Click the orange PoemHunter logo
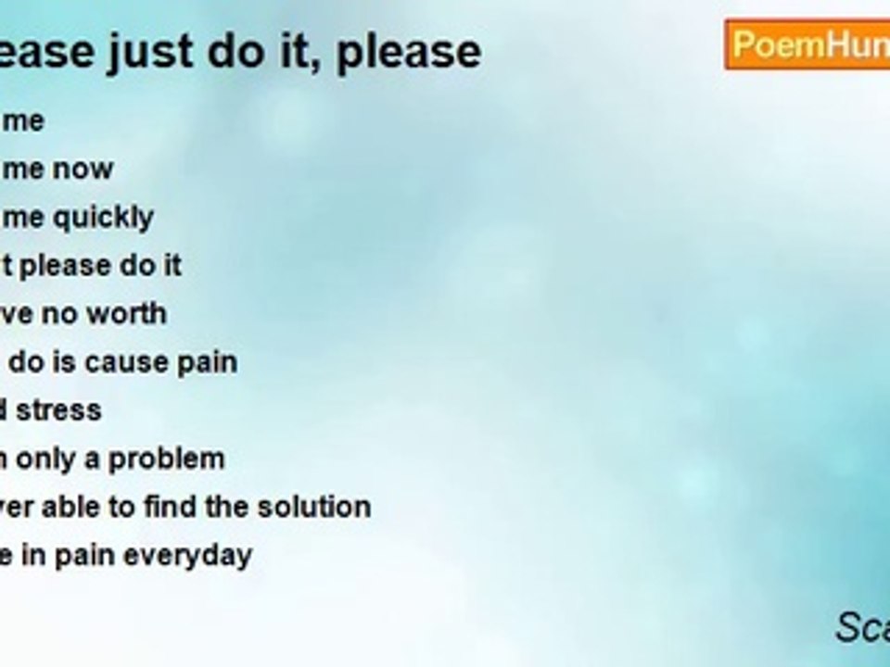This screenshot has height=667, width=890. point(807,44)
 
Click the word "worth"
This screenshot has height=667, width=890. point(125,314)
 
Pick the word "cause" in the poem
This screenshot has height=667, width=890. point(142,362)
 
